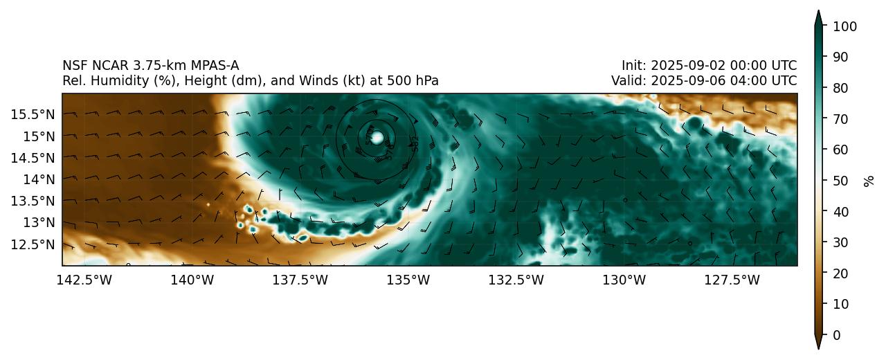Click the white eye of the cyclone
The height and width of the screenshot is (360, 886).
tap(377, 138)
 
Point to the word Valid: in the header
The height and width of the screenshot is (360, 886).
tap(627, 81)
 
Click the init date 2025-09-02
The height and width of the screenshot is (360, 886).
tap(684, 66)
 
